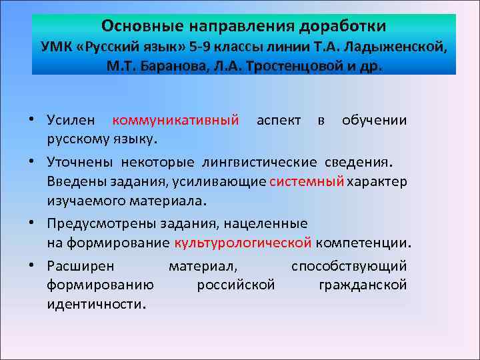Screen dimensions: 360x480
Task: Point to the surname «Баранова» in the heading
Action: click(x=165, y=68)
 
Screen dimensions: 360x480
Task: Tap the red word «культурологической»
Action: click(x=243, y=242)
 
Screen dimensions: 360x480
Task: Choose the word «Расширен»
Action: click(x=81, y=266)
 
